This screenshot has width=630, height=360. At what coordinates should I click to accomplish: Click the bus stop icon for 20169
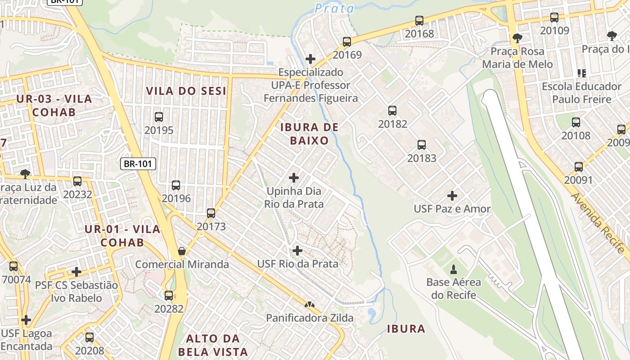347,42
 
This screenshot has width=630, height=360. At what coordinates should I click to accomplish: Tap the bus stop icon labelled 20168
419,21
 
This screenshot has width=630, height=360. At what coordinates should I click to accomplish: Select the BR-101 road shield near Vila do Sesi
138,164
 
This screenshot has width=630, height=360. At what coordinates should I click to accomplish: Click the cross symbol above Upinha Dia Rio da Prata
294,178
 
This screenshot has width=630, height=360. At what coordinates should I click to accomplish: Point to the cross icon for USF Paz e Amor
452,196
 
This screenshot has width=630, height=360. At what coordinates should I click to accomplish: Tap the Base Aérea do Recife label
454,289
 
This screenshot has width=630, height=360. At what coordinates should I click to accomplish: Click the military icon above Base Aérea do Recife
454,270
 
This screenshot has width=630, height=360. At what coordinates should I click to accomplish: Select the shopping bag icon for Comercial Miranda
182,251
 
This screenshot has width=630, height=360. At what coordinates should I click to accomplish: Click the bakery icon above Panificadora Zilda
309,305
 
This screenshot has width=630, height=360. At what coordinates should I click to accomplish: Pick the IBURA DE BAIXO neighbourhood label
309,134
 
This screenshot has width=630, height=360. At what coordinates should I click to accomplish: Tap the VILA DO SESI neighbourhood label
186,91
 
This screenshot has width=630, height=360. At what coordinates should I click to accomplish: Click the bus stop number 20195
159,130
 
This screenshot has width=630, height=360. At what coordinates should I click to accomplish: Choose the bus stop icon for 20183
422,145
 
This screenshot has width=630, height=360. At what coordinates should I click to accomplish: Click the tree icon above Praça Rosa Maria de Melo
517,38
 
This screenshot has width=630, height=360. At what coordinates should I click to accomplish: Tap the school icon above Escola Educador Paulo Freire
581,73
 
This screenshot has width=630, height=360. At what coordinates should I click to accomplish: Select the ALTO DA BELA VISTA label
213,345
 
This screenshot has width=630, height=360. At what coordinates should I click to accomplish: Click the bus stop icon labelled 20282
169,296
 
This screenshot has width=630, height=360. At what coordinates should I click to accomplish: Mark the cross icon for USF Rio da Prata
297,251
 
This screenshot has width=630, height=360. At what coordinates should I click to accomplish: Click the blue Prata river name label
334,8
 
